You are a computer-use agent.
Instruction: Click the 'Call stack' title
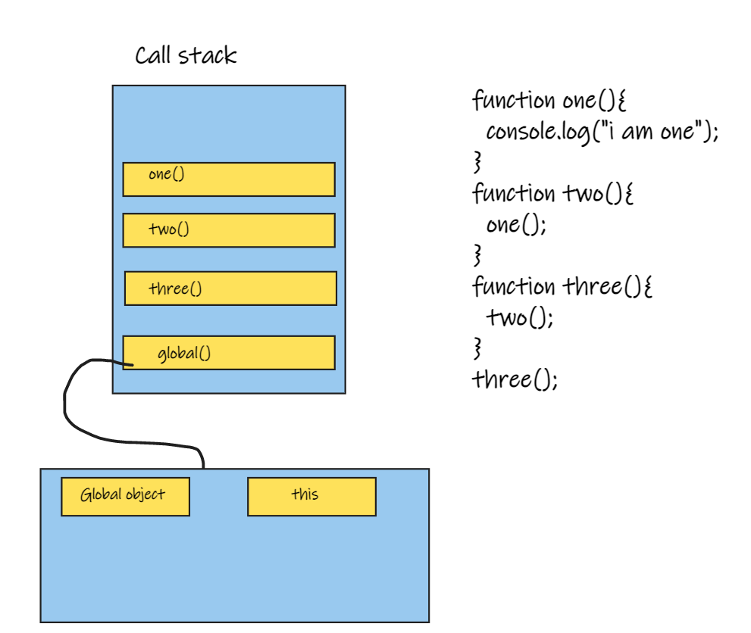tap(186, 56)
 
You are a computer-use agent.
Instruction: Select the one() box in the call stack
tap(229, 179)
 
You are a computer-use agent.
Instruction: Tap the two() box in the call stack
tap(229, 230)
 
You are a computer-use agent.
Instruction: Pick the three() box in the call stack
tap(230, 288)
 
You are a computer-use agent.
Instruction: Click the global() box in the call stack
tap(229, 353)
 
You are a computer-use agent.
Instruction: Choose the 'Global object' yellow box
tap(125, 496)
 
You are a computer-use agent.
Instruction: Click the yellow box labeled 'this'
tap(311, 496)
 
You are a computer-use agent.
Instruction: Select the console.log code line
tap(601, 132)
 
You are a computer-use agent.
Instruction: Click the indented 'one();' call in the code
tap(515, 225)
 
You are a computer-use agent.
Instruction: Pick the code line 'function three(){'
tap(562, 287)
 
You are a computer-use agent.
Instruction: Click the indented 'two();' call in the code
tap(520, 317)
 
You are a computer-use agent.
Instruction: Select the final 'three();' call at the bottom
tap(515, 379)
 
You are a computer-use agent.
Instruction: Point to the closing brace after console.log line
tap(477, 162)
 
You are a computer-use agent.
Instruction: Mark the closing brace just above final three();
tap(477, 348)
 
